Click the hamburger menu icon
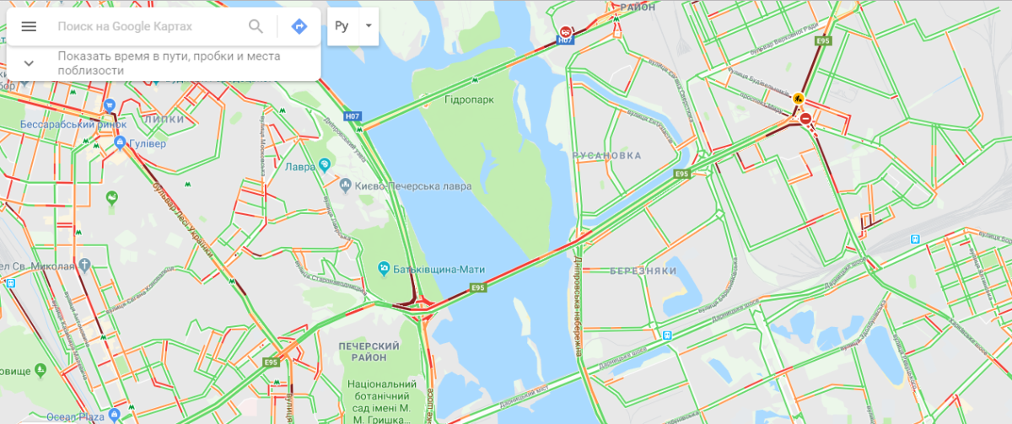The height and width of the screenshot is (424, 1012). pos(29,26)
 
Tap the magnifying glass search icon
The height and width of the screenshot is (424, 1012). pos(256,26)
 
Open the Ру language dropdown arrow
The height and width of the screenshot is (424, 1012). pos(369,25)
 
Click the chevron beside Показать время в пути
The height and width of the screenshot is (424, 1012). pos(29,63)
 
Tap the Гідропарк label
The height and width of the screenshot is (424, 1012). pos(470,99)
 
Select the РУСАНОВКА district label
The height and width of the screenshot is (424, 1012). pos(606,156)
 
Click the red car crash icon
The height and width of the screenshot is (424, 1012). pos(564,31)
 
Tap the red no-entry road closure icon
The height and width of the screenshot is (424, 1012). pos(806,119)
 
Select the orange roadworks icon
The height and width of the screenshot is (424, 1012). pos(798,99)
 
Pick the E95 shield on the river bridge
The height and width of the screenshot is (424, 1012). pos(478,287)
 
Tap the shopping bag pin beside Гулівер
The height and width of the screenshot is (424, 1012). pos(121,142)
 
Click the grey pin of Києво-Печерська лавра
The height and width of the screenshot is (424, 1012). pos(345,185)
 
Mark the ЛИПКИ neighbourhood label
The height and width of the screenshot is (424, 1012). pos(164,119)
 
